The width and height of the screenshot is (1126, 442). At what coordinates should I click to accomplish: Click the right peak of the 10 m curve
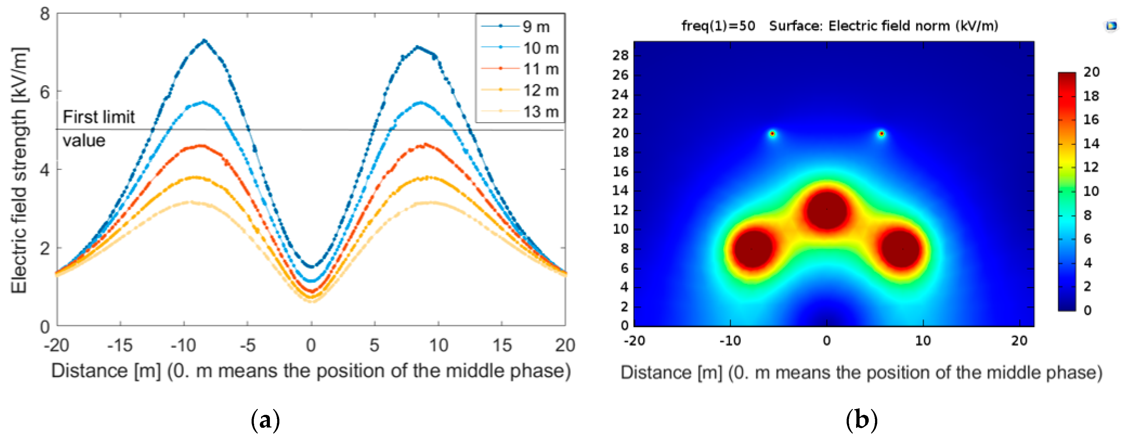[420, 102]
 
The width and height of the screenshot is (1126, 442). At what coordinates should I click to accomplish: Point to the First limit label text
[99, 117]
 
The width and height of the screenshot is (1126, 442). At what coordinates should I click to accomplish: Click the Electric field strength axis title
[20, 170]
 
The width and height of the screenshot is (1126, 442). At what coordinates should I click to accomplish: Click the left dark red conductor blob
[753, 249]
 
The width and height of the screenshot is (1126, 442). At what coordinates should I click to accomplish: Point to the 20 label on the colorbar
[1092, 72]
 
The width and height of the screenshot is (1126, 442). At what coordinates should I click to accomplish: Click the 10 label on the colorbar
[1092, 191]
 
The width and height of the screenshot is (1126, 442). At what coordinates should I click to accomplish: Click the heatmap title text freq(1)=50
[718, 26]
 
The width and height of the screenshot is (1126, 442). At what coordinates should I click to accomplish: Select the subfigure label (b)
[861, 420]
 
